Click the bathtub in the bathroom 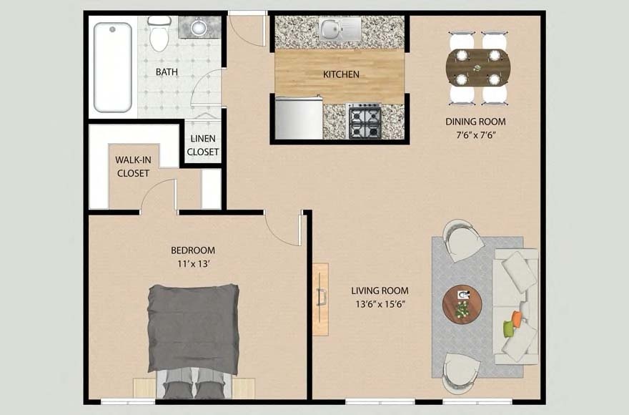click(113, 67)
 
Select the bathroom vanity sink click(199, 28)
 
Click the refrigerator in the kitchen click(298, 118)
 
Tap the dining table click(477, 68)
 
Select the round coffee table click(462, 304)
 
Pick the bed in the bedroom click(193, 336)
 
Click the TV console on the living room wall click(320, 299)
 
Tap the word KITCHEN click(341, 74)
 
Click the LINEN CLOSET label click(203, 145)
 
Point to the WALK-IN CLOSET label click(132, 167)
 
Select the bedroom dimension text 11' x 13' click(192, 263)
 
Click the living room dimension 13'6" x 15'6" click(380, 303)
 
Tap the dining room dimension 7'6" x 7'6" click(475, 135)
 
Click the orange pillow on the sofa click(516, 319)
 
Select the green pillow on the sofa click(508, 328)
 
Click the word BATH click(167, 72)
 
